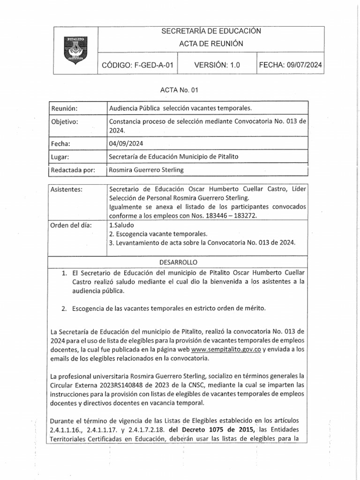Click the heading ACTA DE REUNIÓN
[x=210, y=44]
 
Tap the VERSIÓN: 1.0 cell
[x=217, y=66]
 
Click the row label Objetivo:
[x=65, y=122]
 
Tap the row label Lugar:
[x=60, y=157]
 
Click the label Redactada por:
[x=73, y=170]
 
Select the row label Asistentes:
[x=67, y=190]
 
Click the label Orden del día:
[x=71, y=225]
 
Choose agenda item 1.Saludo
[x=121, y=225]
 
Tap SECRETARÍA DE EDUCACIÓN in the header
[x=210, y=31]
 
